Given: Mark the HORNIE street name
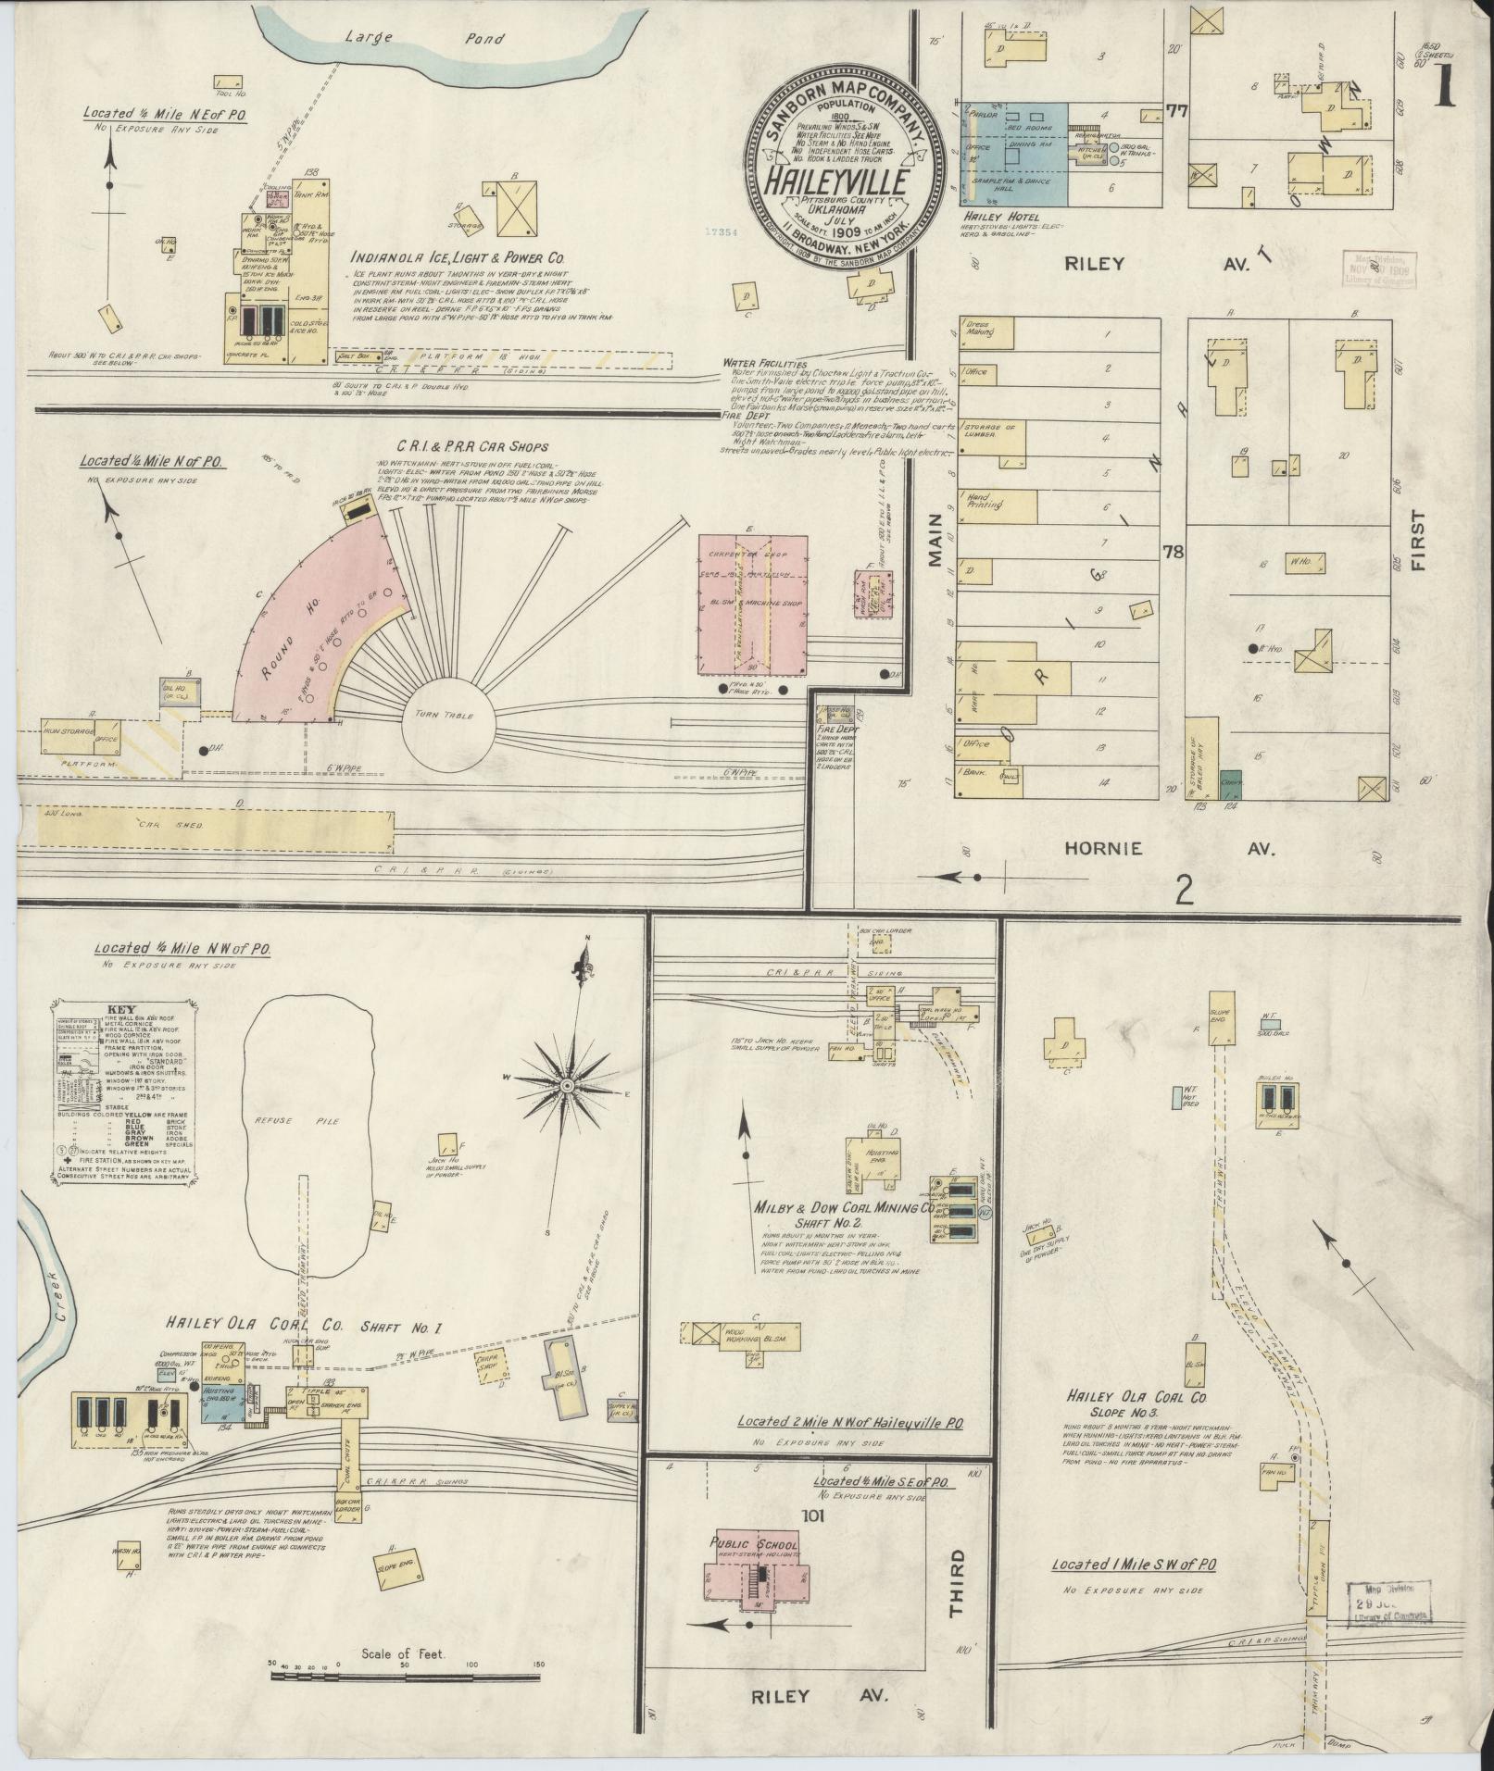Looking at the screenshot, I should click(1103, 848).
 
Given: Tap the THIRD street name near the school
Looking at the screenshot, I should click(955, 1582).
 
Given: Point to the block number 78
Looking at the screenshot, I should click(1174, 553).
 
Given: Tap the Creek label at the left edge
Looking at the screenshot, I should click(62, 1331).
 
